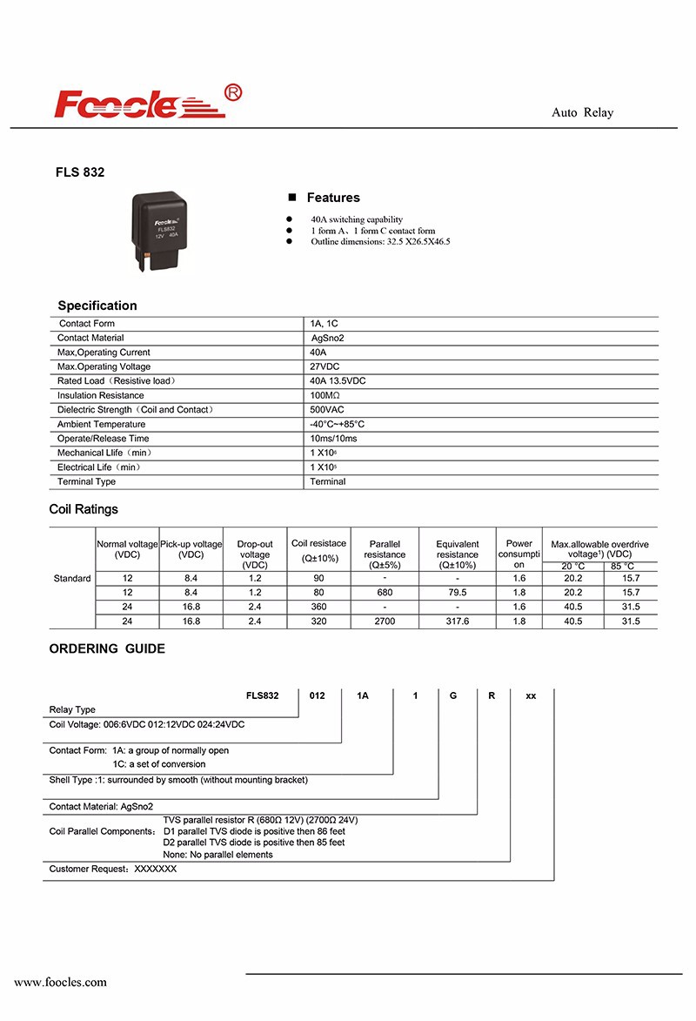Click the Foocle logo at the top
[x=147, y=104]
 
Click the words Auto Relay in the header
[x=582, y=113]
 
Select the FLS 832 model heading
[x=80, y=173]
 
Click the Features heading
[x=332, y=198]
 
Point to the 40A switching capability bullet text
[x=357, y=219]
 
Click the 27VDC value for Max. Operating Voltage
[x=325, y=366]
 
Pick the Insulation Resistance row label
[x=100, y=395]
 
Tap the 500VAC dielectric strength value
[x=327, y=410]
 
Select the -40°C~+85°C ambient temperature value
[x=337, y=424]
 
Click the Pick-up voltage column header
[x=191, y=549]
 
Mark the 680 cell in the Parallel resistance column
[x=385, y=592]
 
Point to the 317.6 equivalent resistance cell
[x=457, y=621]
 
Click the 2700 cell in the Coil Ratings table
[x=385, y=621]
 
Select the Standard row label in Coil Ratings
[x=72, y=578]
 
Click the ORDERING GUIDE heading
[x=107, y=648]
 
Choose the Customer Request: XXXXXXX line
[x=113, y=870]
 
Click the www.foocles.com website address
[x=61, y=982]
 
